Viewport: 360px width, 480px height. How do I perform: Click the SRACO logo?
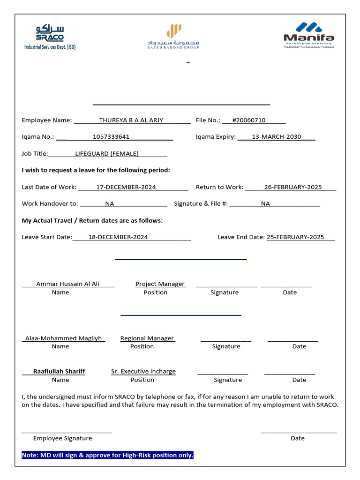(50, 37)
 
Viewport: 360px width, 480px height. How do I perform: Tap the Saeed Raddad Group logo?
(173, 37)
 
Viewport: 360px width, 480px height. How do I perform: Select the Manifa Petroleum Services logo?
(309, 36)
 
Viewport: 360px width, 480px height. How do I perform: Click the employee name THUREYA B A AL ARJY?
(131, 120)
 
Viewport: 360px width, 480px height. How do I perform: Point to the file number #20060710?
(248, 120)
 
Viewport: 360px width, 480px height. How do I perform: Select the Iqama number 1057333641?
(111, 137)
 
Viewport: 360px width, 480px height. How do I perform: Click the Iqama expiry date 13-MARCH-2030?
(276, 137)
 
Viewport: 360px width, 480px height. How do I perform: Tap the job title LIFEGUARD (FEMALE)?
(107, 154)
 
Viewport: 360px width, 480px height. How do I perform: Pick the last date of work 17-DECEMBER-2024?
(126, 187)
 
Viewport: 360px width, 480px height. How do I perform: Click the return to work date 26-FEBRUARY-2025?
(293, 187)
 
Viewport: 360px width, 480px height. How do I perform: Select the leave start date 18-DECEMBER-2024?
(118, 237)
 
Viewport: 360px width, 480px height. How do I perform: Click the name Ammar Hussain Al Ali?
(67, 284)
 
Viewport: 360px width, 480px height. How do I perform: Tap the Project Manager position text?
(160, 284)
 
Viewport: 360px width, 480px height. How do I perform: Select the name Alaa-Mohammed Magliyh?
(63, 338)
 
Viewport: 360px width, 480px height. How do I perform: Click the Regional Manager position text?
(147, 338)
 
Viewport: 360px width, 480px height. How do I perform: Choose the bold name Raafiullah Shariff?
(59, 371)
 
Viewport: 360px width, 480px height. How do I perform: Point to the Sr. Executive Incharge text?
(143, 372)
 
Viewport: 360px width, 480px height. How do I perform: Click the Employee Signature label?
(62, 438)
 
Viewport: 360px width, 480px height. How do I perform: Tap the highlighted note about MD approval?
(107, 455)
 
